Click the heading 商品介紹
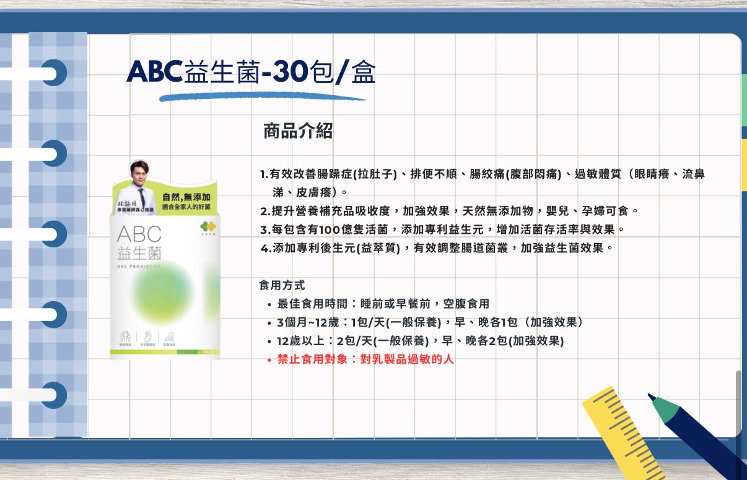pyautogui.click(x=298, y=131)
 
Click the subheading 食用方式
pyautogui.click(x=282, y=286)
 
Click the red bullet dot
pyautogui.click(x=269, y=360)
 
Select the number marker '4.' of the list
pyautogui.click(x=266, y=249)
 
